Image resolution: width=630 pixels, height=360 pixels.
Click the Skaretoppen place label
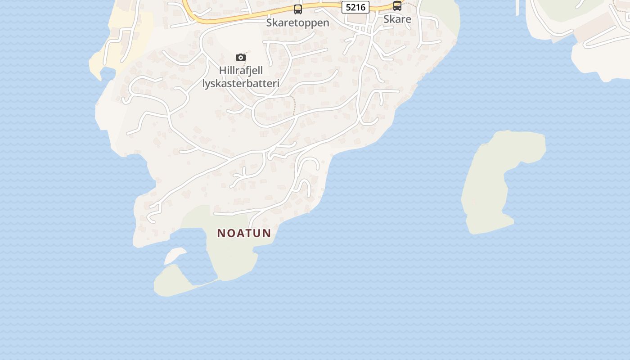coord(297,22)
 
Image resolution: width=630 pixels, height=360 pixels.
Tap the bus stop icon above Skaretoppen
coord(297,9)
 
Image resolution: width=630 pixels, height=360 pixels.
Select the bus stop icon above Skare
coord(397,6)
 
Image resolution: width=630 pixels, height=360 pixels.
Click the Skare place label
coord(397,19)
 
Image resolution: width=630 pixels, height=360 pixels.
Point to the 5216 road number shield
coord(355,7)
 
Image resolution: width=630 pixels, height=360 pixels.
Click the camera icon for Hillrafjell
coord(241,57)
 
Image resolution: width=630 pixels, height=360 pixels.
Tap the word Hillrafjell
coord(241,71)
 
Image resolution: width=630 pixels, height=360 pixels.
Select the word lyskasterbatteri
coord(241,83)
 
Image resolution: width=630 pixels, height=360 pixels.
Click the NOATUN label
coord(244,233)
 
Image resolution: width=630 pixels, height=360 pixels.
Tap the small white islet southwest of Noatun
coord(175,256)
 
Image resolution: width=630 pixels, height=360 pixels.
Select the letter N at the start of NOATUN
coord(220,233)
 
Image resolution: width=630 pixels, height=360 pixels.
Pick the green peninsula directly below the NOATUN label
coord(232,259)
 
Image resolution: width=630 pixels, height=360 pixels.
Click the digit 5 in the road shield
coord(348,7)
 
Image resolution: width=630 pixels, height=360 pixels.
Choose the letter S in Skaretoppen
coord(269,22)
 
